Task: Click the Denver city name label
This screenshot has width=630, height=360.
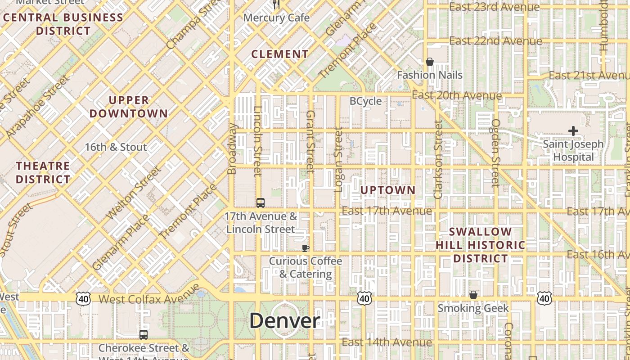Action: pos(284,321)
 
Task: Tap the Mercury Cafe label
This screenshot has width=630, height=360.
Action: pos(276,18)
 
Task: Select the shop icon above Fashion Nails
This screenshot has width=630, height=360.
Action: pos(430,62)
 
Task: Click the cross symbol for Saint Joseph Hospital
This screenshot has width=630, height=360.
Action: pos(573,131)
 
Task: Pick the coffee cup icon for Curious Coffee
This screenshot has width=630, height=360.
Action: pos(305,247)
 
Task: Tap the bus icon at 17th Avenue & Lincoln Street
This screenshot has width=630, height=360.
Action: pos(261,202)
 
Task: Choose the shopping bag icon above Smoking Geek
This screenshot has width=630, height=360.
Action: pos(473,295)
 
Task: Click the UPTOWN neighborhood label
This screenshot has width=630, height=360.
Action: pos(388,190)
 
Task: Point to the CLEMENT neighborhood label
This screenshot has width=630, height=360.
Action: pos(280,54)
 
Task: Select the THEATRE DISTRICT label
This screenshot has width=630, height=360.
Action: pos(43,173)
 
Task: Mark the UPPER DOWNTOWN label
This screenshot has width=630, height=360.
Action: pos(129,107)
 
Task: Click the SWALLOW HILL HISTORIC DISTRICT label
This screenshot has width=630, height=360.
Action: pos(481,245)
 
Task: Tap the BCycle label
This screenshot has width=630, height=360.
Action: pos(365,101)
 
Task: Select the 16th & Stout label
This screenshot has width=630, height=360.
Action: pos(116,147)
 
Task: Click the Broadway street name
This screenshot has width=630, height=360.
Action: pos(232,148)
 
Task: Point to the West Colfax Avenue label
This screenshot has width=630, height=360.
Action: pos(148,299)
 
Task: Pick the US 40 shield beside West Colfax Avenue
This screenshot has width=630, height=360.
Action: pos(83,298)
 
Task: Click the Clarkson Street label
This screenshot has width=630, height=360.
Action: pos(438,160)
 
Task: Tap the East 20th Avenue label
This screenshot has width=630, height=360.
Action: pos(457,95)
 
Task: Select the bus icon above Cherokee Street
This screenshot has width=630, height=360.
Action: pos(144,334)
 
